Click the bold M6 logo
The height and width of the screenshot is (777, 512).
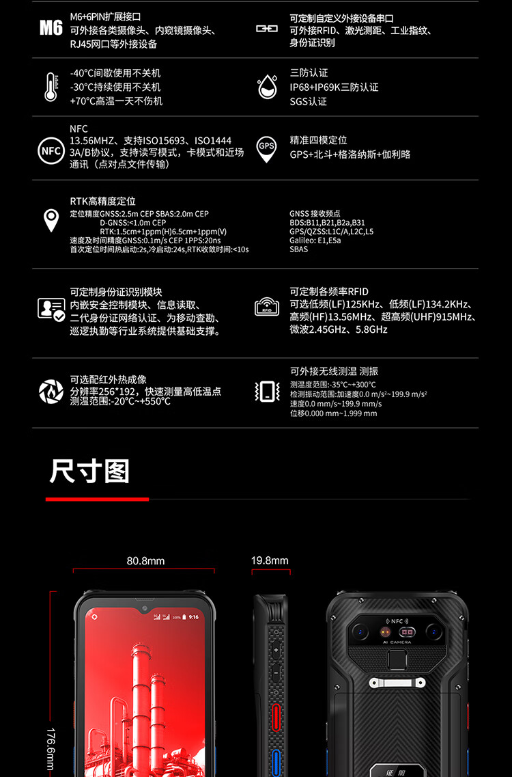click(51, 28)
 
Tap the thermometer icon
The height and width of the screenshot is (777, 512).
click(51, 87)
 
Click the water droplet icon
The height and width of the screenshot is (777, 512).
click(267, 87)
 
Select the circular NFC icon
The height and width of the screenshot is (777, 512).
click(51, 150)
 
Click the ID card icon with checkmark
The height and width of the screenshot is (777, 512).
click(51, 309)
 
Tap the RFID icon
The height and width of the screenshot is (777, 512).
click(267, 307)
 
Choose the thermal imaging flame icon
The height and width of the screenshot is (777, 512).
click(51, 391)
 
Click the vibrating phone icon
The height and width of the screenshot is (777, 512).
click(267, 392)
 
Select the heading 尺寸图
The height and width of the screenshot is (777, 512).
click(89, 471)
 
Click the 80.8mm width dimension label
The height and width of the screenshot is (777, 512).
click(145, 561)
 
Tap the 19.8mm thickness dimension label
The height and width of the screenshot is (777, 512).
click(270, 560)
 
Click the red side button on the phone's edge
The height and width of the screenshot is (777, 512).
click(276, 717)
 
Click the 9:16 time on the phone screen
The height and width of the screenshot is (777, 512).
click(194, 617)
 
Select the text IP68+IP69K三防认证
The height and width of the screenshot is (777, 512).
click(334, 87)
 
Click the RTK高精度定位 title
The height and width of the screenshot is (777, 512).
click(102, 201)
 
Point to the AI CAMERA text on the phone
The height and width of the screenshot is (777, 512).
click(397, 642)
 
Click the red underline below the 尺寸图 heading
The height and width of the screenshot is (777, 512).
click(97, 499)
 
